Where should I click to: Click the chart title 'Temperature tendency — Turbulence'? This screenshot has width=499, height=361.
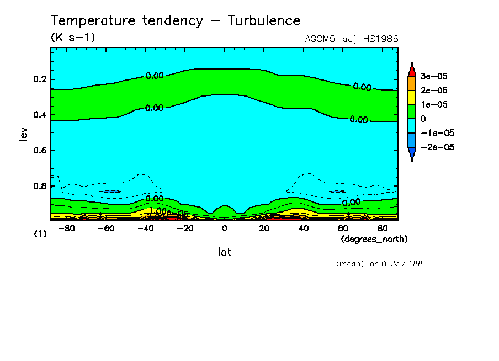176,21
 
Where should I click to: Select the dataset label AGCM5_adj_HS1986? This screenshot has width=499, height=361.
351,39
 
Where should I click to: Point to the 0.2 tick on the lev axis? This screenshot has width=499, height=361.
40,79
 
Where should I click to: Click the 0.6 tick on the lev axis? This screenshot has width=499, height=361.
40,151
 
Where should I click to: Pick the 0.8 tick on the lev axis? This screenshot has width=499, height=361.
40,186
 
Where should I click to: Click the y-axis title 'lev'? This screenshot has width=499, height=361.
23,133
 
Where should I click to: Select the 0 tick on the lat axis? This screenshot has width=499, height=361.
224,228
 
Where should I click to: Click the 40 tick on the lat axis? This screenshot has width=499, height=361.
303,228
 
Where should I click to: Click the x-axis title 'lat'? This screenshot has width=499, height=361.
224,252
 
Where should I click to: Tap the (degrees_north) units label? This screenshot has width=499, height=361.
374,238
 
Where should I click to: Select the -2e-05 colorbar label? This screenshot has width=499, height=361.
437,147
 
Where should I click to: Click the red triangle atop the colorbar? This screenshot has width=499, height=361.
411,69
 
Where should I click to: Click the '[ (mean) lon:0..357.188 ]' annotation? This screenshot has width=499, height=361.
379,263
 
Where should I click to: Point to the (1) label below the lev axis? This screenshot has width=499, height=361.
40,234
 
